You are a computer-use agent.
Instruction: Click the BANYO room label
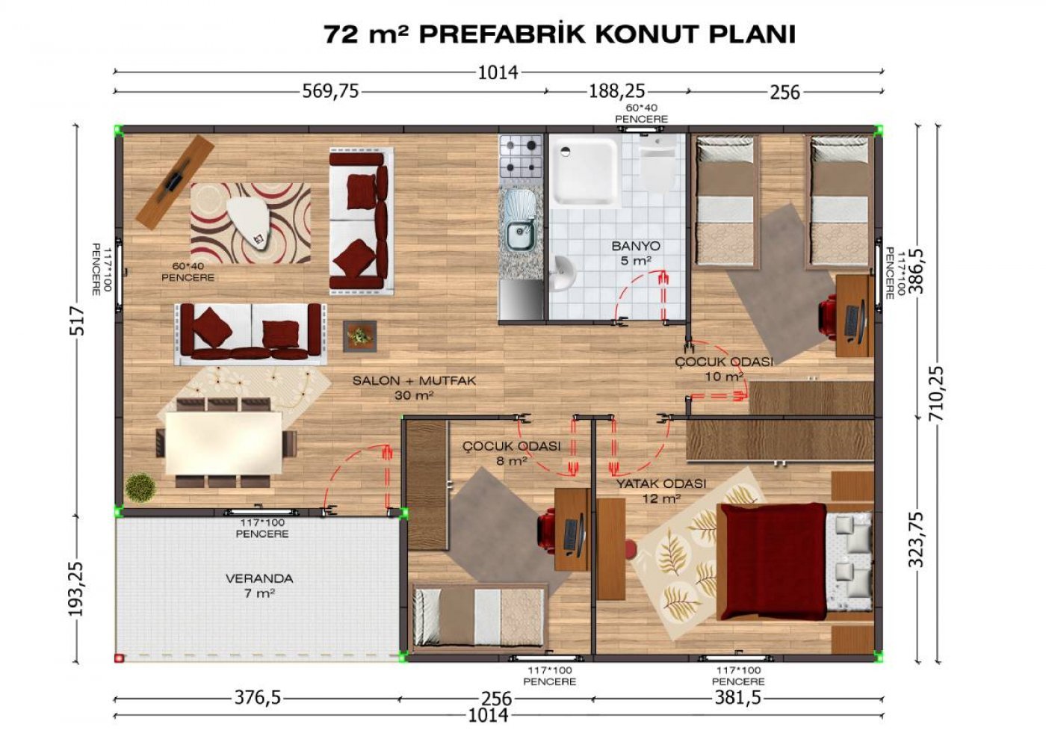(x=636, y=246)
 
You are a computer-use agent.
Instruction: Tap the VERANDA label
(x=259, y=578)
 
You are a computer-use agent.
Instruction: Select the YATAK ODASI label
(x=661, y=484)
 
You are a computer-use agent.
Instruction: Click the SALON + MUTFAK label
(x=414, y=380)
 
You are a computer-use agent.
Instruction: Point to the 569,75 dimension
(x=330, y=90)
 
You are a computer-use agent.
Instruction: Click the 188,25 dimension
(x=616, y=90)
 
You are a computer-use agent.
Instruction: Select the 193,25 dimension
(x=76, y=588)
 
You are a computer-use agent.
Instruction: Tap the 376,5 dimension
(x=257, y=697)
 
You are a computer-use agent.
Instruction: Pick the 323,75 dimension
(x=916, y=539)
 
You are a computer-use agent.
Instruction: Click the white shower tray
(x=585, y=170)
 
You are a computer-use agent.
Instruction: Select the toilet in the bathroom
(x=657, y=167)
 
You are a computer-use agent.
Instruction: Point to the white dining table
(x=223, y=443)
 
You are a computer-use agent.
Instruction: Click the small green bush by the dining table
(x=140, y=488)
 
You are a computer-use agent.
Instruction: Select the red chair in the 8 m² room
(x=547, y=531)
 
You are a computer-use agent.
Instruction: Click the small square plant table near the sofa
(x=360, y=336)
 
